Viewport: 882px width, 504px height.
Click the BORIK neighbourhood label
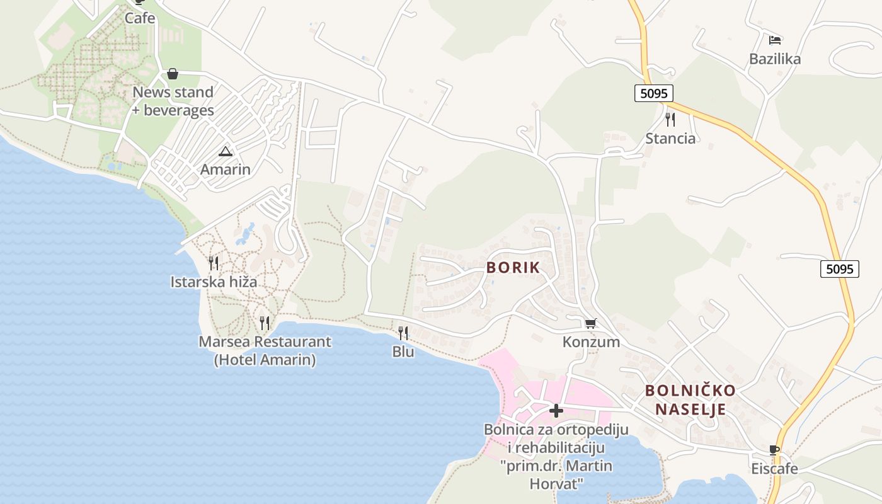513,267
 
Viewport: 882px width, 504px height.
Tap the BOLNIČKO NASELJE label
690,400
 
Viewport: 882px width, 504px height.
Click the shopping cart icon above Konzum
590,324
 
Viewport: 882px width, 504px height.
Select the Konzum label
591,342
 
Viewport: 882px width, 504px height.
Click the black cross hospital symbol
556,411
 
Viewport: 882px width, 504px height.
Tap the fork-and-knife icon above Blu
403,333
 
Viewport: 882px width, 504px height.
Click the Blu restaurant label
403,352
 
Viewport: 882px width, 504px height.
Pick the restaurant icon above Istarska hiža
214,263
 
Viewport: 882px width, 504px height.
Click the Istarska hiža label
214,282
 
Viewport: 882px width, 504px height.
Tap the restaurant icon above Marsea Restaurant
265,323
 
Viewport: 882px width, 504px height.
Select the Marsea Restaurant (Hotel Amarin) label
265,351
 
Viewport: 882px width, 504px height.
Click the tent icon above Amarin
226,151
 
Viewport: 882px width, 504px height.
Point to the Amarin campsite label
226,169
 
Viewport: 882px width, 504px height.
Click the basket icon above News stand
173,74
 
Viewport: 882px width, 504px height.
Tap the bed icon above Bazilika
775,40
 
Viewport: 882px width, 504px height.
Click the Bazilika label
775,59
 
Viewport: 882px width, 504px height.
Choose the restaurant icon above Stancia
670,119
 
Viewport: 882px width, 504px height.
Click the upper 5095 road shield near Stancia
653,94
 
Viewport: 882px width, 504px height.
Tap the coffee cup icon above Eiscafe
774,450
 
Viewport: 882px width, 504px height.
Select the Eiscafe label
774,469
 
